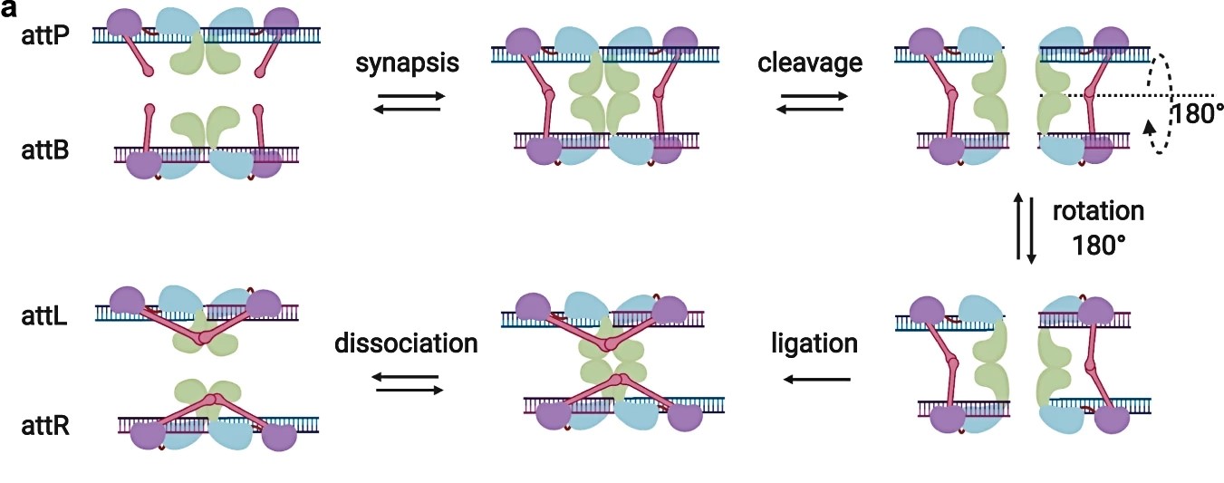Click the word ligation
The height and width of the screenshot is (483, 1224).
[814, 344]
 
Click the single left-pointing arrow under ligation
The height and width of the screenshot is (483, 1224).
[816, 379]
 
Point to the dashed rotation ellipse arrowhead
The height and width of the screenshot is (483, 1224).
[1152, 127]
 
